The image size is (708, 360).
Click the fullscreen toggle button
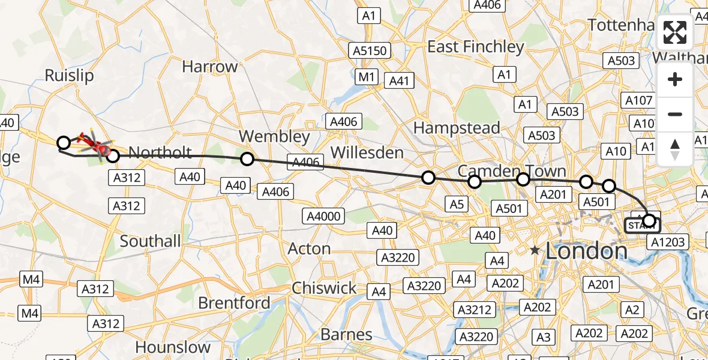coord(675,32)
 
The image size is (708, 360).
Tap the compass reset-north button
coord(675,149)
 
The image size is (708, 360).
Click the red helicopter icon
coord(93,144)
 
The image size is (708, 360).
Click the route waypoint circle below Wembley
coord(247,159)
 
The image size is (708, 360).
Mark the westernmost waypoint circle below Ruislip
coord(63,142)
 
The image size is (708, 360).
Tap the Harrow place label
coord(210,67)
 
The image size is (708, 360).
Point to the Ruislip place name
coord(70,76)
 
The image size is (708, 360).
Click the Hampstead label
coord(457,128)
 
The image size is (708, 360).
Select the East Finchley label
coord(476,47)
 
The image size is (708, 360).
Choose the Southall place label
coord(150,241)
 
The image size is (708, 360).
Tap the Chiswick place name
coord(324,288)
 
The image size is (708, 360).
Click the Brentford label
coord(234,303)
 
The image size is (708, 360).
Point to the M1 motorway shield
coord(367,76)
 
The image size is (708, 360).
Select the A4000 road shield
coord(325,217)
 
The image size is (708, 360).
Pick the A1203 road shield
coord(667,242)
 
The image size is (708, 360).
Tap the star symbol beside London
coord(535,251)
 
